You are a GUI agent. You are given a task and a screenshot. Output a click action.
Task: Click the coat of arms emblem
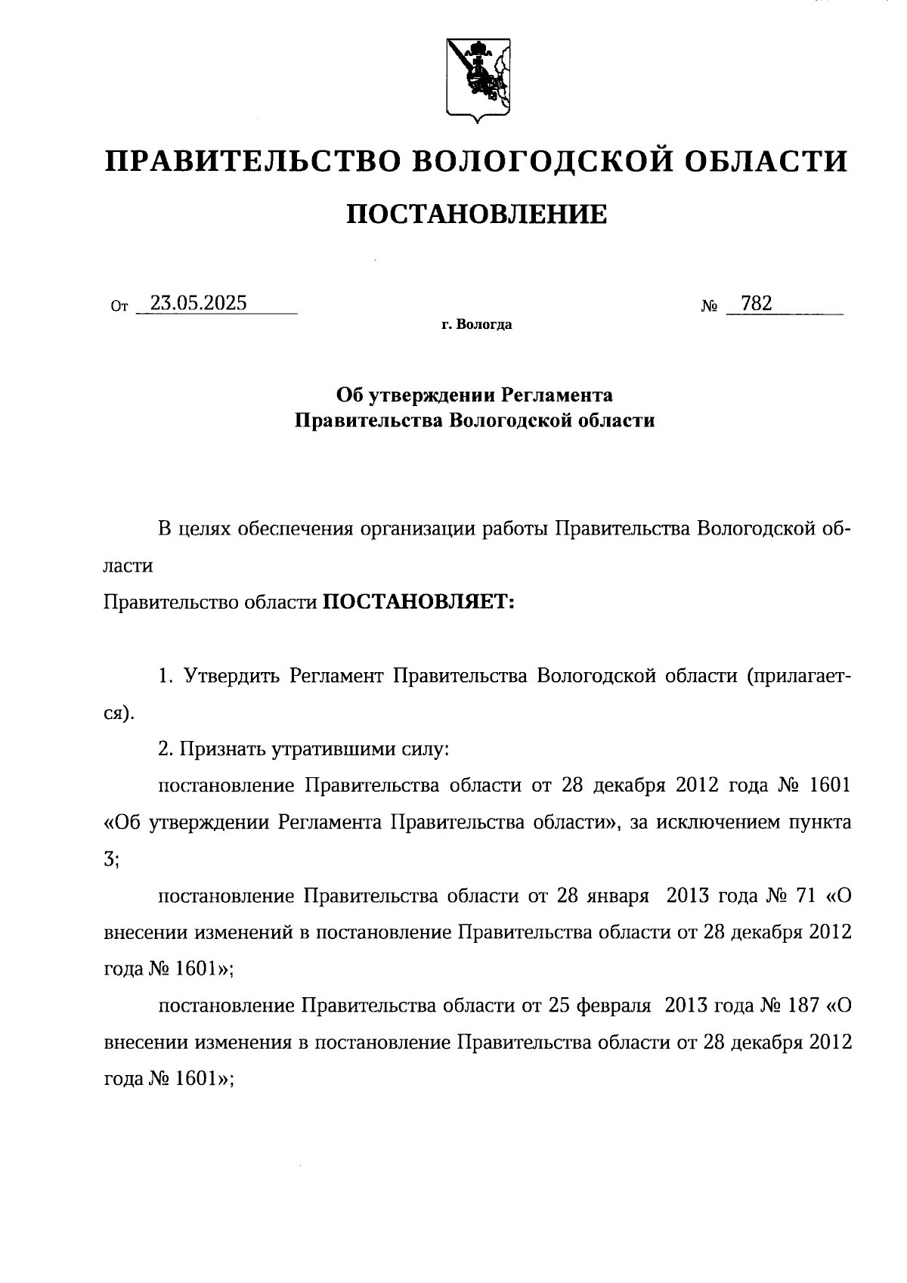[x=475, y=78]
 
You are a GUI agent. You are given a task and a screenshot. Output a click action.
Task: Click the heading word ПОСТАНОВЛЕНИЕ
[x=476, y=215]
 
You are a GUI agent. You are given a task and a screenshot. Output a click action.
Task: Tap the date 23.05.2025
[x=199, y=303]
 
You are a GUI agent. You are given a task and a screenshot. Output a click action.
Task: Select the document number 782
[x=757, y=303]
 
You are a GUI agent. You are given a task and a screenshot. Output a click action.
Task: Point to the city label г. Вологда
[x=476, y=325]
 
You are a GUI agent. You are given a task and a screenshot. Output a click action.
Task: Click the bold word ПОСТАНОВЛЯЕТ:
[x=419, y=603]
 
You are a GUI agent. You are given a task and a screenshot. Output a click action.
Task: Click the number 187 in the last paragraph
[x=802, y=1006]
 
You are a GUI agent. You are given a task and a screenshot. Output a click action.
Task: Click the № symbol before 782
[x=709, y=307]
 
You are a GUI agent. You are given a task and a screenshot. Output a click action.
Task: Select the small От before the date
[x=119, y=307]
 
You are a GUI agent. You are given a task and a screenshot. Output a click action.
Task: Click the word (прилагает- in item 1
[x=799, y=675]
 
